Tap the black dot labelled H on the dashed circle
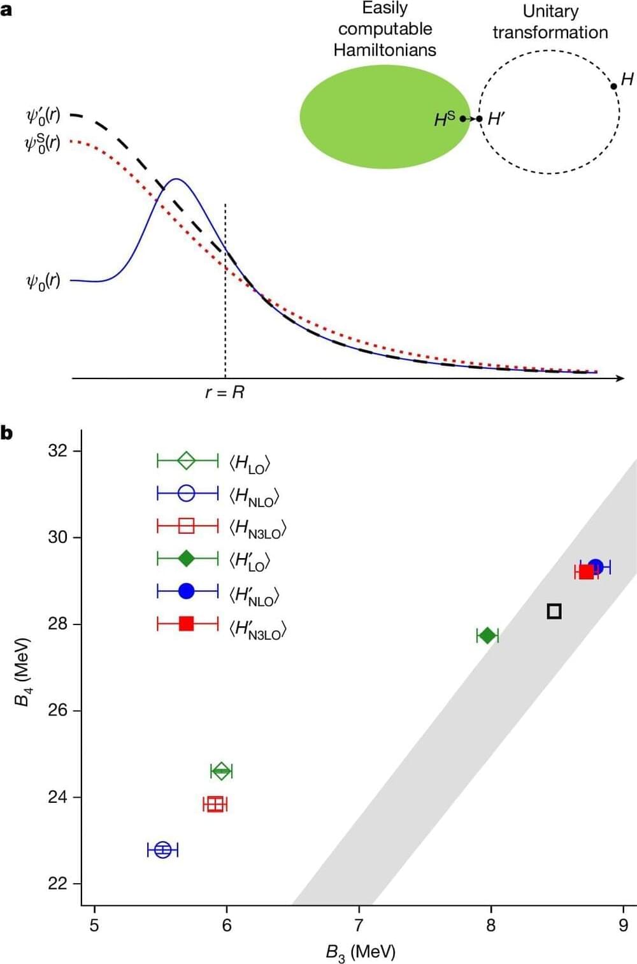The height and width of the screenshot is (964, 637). (x=613, y=86)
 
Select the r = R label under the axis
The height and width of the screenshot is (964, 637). (x=225, y=392)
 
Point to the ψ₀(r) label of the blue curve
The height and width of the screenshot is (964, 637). (x=43, y=281)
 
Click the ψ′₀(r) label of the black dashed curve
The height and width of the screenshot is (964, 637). (x=43, y=116)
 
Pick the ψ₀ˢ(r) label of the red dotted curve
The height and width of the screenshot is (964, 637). (x=43, y=143)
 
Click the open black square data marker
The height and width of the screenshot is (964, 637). (x=554, y=611)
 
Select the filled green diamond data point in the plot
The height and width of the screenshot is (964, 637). (x=487, y=635)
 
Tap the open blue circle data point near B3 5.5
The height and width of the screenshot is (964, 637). (x=162, y=849)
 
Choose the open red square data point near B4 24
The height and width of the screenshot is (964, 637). (x=215, y=804)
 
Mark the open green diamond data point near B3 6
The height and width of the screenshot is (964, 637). (x=221, y=772)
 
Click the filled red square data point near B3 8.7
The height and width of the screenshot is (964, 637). (x=586, y=572)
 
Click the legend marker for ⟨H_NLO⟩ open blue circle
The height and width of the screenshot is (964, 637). (x=187, y=493)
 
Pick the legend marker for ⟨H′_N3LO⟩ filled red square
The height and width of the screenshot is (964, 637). (x=187, y=623)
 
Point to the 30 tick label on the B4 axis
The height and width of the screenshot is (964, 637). (x=57, y=537)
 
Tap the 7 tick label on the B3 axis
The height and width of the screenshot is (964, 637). (x=359, y=925)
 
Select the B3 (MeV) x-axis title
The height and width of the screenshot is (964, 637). (x=361, y=952)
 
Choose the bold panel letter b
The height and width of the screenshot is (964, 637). (x=7, y=433)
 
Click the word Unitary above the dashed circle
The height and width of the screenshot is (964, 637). (x=550, y=11)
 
